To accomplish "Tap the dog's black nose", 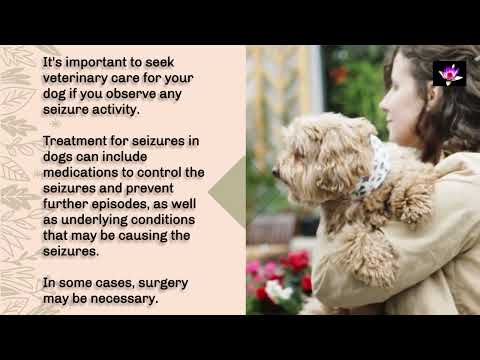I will [x=276, y=172].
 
